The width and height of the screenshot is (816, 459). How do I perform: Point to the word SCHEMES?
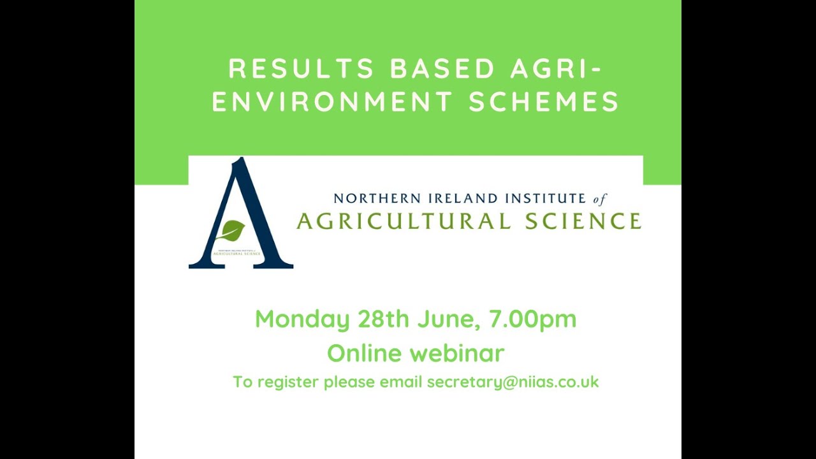coord(544,102)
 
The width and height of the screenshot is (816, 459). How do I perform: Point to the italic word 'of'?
coord(600,200)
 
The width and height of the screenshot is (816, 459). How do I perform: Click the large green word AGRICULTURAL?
coord(404,221)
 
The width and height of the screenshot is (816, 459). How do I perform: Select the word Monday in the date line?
coord(302,319)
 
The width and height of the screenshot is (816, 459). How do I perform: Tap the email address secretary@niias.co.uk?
coord(513,382)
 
